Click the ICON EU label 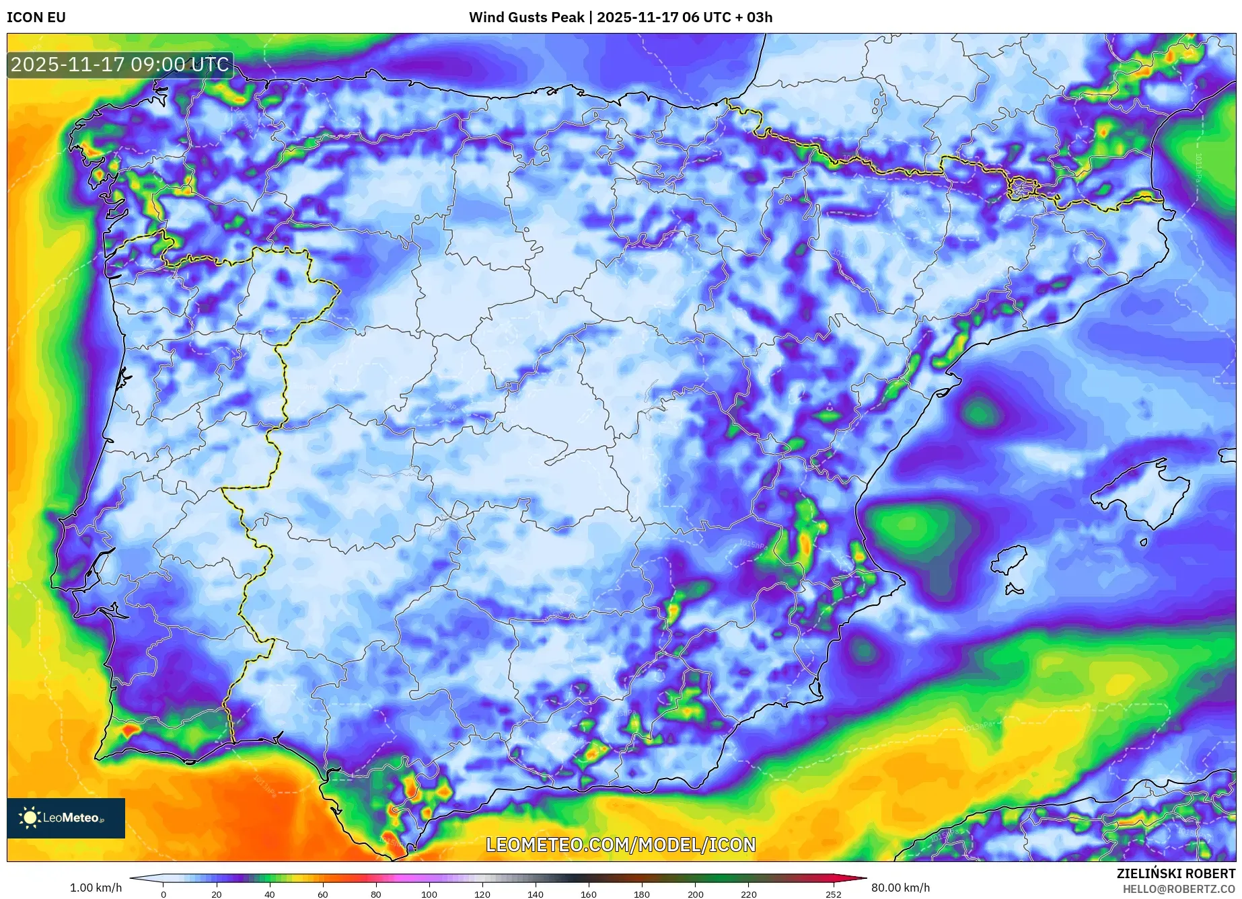pos(36,17)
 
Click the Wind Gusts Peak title pos(620,17)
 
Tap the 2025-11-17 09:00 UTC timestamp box pos(120,65)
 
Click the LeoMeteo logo pos(66,818)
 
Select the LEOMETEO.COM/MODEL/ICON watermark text pos(620,845)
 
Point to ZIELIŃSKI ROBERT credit pos(1175,873)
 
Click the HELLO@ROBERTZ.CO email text pos(1178,889)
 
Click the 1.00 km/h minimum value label pos(96,888)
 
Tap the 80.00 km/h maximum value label pos(900,888)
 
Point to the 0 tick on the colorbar pos(163,894)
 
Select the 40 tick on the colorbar pos(270,894)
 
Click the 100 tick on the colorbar pos(429,894)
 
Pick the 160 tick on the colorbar pos(589,894)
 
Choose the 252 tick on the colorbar pos(834,894)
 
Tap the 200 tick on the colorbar pos(695,894)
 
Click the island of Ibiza pos(1010,560)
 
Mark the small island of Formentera pos(1013,590)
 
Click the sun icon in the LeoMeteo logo pos(30,818)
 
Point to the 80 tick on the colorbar pos(376,894)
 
